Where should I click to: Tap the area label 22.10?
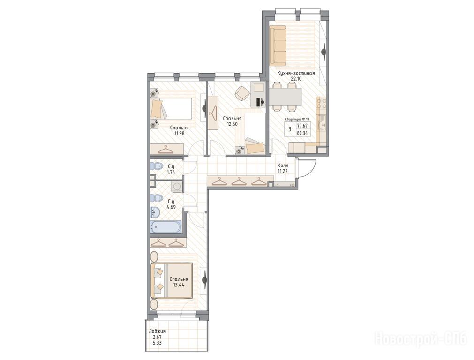[x=296, y=79]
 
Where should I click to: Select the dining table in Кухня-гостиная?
[x=286, y=97]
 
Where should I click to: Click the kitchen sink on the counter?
[x=322, y=124]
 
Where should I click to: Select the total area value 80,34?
[x=302, y=132]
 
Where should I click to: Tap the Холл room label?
[x=283, y=165]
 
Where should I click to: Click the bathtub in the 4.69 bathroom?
[x=166, y=227]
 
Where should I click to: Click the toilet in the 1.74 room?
[x=156, y=166]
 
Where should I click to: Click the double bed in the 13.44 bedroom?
[x=172, y=280]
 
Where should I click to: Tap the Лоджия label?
[x=157, y=331]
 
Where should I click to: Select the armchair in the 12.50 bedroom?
[x=242, y=93]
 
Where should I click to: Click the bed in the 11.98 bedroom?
[x=171, y=109]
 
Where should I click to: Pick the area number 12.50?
[x=233, y=124]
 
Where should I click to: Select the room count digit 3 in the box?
[x=290, y=129]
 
